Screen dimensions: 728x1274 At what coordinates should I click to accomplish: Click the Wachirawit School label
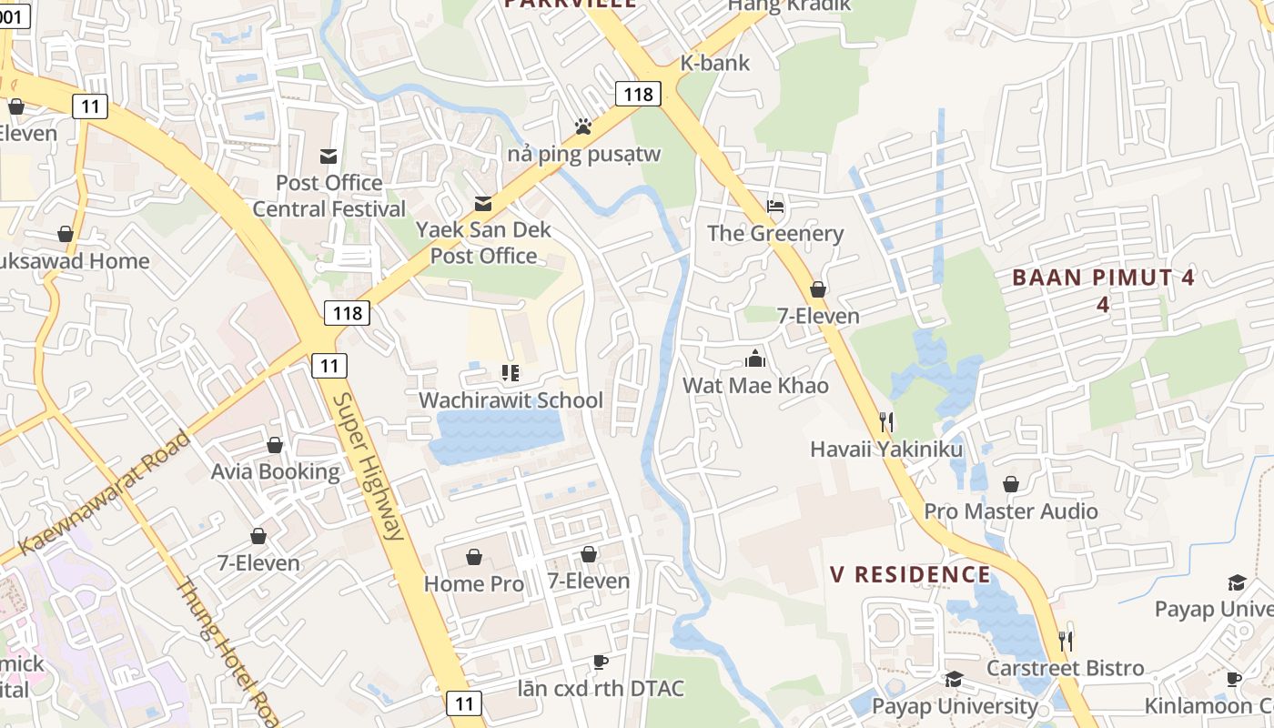[x=511, y=400]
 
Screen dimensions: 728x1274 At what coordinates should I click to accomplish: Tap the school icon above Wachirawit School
[x=510, y=373]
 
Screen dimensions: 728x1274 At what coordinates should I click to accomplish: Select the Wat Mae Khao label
[x=755, y=385]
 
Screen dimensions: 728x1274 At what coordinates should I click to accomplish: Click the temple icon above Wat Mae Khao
[x=755, y=358]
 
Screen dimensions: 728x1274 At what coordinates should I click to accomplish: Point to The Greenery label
[x=775, y=233]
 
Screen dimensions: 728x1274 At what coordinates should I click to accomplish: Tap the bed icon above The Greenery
[x=775, y=207]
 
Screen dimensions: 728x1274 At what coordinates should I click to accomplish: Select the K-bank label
[x=715, y=63]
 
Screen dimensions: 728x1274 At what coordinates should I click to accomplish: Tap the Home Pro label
[x=474, y=583]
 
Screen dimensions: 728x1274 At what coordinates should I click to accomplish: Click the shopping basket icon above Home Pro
[x=474, y=556]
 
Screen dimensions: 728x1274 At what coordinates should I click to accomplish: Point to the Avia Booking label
[x=275, y=471]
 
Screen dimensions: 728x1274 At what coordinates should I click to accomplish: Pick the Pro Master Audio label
[x=1011, y=511]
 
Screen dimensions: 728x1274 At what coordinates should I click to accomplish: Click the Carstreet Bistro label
[x=1066, y=668]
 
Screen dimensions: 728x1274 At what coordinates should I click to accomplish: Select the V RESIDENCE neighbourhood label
[x=910, y=574]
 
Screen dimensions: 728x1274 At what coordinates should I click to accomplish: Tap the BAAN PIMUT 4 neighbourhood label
[x=1103, y=278]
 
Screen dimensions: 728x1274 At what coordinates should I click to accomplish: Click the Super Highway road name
[x=369, y=466]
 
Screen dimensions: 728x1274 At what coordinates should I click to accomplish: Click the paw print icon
[x=583, y=126]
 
